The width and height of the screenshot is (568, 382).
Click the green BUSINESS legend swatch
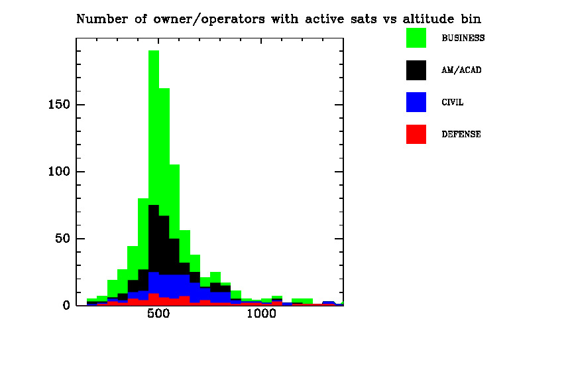pyautogui.click(x=416, y=38)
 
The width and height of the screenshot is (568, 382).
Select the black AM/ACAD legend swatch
pyautogui.click(x=416, y=70)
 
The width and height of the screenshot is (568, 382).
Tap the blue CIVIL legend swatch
pyautogui.click(x=416, y=102)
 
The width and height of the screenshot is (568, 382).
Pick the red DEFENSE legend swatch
pyautogui.click(x=416, y=134)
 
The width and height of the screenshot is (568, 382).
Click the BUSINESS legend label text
pyautogui.click(x=463, y=38)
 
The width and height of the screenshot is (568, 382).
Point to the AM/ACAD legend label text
pyautogui.click(x=461, y=70)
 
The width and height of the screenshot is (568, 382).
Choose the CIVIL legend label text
pyautogui.click(x=453, y=102)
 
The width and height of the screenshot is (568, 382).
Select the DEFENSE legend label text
pyautogui.click(x=461, y=134)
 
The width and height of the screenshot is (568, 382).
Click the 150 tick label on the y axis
pyautogui.click(x=59, y=105)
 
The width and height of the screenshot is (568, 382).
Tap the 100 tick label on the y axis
pyautogui.click(x=59, y=171)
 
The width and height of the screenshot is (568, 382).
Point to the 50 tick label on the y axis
pyautogui.click(x=63, y=239)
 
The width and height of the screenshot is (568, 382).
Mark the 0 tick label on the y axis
pyautogui.click(x=66, y=306)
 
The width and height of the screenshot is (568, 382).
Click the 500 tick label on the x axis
pyautogui.click(x=158, y=314)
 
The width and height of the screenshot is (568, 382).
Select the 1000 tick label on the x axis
pyautogui.click(x=261, y=314)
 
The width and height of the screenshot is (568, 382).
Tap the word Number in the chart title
pyautogui.click(x=102, y=19)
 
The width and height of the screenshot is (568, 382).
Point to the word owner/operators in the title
pyautogui.click(x=209, y=19)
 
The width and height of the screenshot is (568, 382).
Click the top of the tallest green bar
pyautogui.click(x=154, y=50)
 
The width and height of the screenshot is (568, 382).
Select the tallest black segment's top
pyautogui.click(x=154, y=205)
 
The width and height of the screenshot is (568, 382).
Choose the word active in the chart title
pyautogui.click(x=324, y=19)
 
